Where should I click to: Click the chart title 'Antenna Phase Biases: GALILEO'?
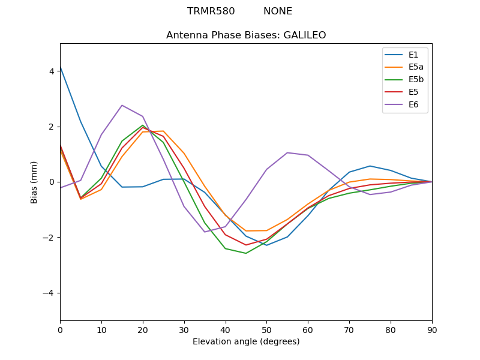coord(246,35)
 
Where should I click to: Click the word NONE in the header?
coord(278,11)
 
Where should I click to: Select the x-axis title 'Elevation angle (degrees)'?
coord(246,341)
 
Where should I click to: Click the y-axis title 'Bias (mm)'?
coord(34,182)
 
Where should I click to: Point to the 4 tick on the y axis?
coord(52,71)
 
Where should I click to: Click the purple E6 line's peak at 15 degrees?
coord(122,106)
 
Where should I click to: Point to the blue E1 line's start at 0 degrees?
coord(61,67)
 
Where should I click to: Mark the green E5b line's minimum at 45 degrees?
coord(246,253)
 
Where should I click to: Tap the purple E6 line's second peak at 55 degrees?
coord(287,152)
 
